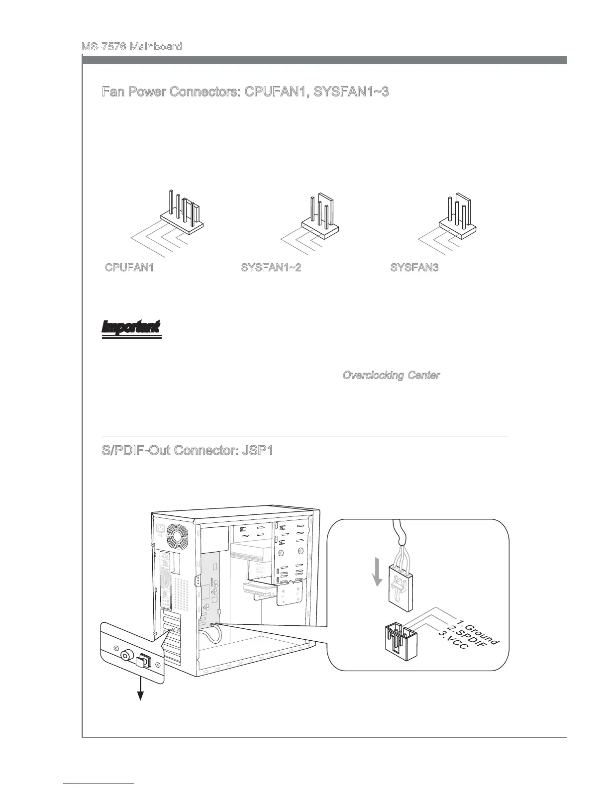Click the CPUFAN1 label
(x=129, y=268)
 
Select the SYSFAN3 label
(x=414, y=268)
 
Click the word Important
(x=131, y=327)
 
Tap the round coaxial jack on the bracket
(x=127, y=656)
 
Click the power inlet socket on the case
(x=161, y=530)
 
